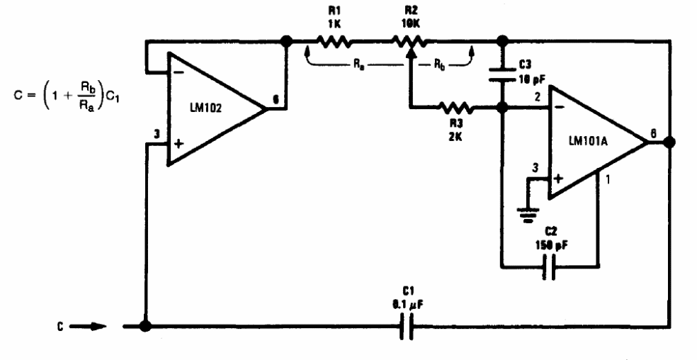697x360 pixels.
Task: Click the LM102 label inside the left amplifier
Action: tap(205, 108)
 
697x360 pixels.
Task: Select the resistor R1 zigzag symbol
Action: tap(334, 43)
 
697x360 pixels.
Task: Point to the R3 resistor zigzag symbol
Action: tap(455, 107)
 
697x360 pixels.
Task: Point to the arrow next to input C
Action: tap(88, 327)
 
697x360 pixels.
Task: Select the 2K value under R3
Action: tap(455, 137)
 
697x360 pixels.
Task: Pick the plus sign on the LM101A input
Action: tap(559, 178)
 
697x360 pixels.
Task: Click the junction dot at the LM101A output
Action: tap(669, 142)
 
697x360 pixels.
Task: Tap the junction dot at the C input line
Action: tap(145, 326)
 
